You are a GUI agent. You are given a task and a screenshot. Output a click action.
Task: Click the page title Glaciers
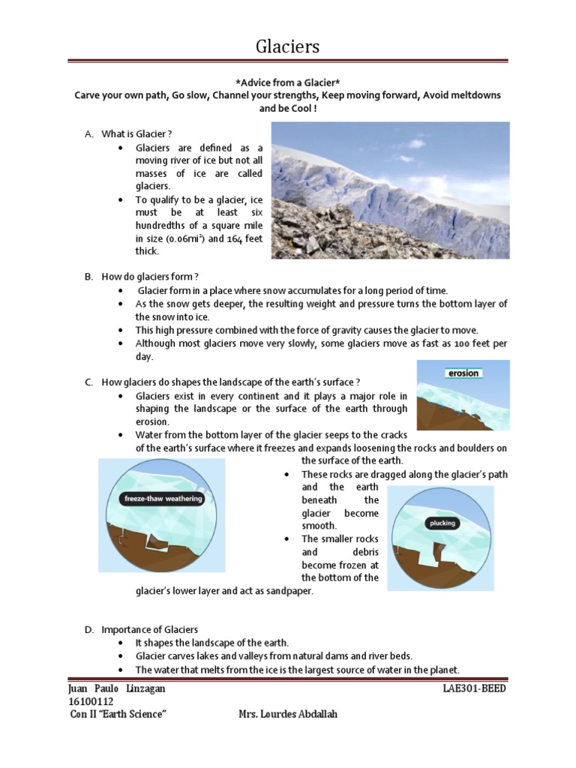287,46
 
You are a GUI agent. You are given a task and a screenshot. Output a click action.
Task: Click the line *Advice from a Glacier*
287,82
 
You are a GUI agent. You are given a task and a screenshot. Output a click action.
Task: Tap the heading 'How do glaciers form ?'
149,276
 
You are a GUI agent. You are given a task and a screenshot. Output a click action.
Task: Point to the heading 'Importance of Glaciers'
149,629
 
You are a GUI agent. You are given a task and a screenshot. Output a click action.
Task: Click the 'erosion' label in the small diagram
463,373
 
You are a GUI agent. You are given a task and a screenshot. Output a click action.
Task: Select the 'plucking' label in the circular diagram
442,523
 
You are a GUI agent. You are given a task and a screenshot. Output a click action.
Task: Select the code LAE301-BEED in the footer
475,688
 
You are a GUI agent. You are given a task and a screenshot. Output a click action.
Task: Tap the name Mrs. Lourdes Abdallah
287,714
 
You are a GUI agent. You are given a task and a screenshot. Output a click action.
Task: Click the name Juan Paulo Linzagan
117,688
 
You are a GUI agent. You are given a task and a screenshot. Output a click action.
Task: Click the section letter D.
88,629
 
